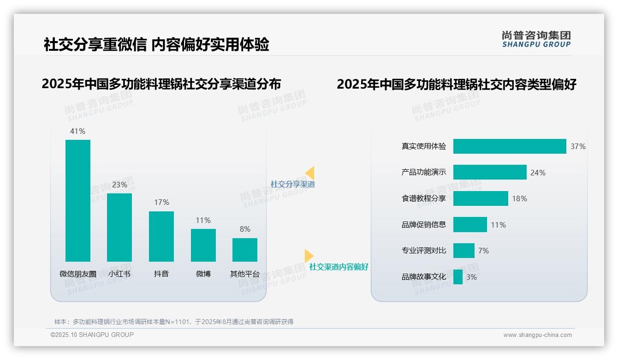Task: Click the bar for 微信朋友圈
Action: (78, 200)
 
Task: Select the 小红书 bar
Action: (119, 227)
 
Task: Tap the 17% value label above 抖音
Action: (161, 202)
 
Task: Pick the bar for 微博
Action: (203, 245)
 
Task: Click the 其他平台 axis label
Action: (245, 274)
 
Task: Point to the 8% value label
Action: (245, 229)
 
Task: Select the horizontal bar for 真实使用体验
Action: (510, 146)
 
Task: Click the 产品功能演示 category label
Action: (424, 173)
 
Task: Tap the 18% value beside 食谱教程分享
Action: (519, 198)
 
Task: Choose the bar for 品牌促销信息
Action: (470, 225)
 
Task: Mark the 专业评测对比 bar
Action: (464, 251)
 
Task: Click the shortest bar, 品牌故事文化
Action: (458, 277)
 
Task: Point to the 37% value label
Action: (578, 146)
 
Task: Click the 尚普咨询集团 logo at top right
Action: (536, 39)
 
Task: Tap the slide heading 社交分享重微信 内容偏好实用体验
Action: (156, 45)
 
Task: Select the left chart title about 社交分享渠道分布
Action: (161, 84)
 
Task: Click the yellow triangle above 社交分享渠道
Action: (310, 173)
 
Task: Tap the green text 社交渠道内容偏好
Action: (339, 267)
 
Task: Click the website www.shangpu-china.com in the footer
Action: (537, 335)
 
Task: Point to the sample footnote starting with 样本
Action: (174, 322)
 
